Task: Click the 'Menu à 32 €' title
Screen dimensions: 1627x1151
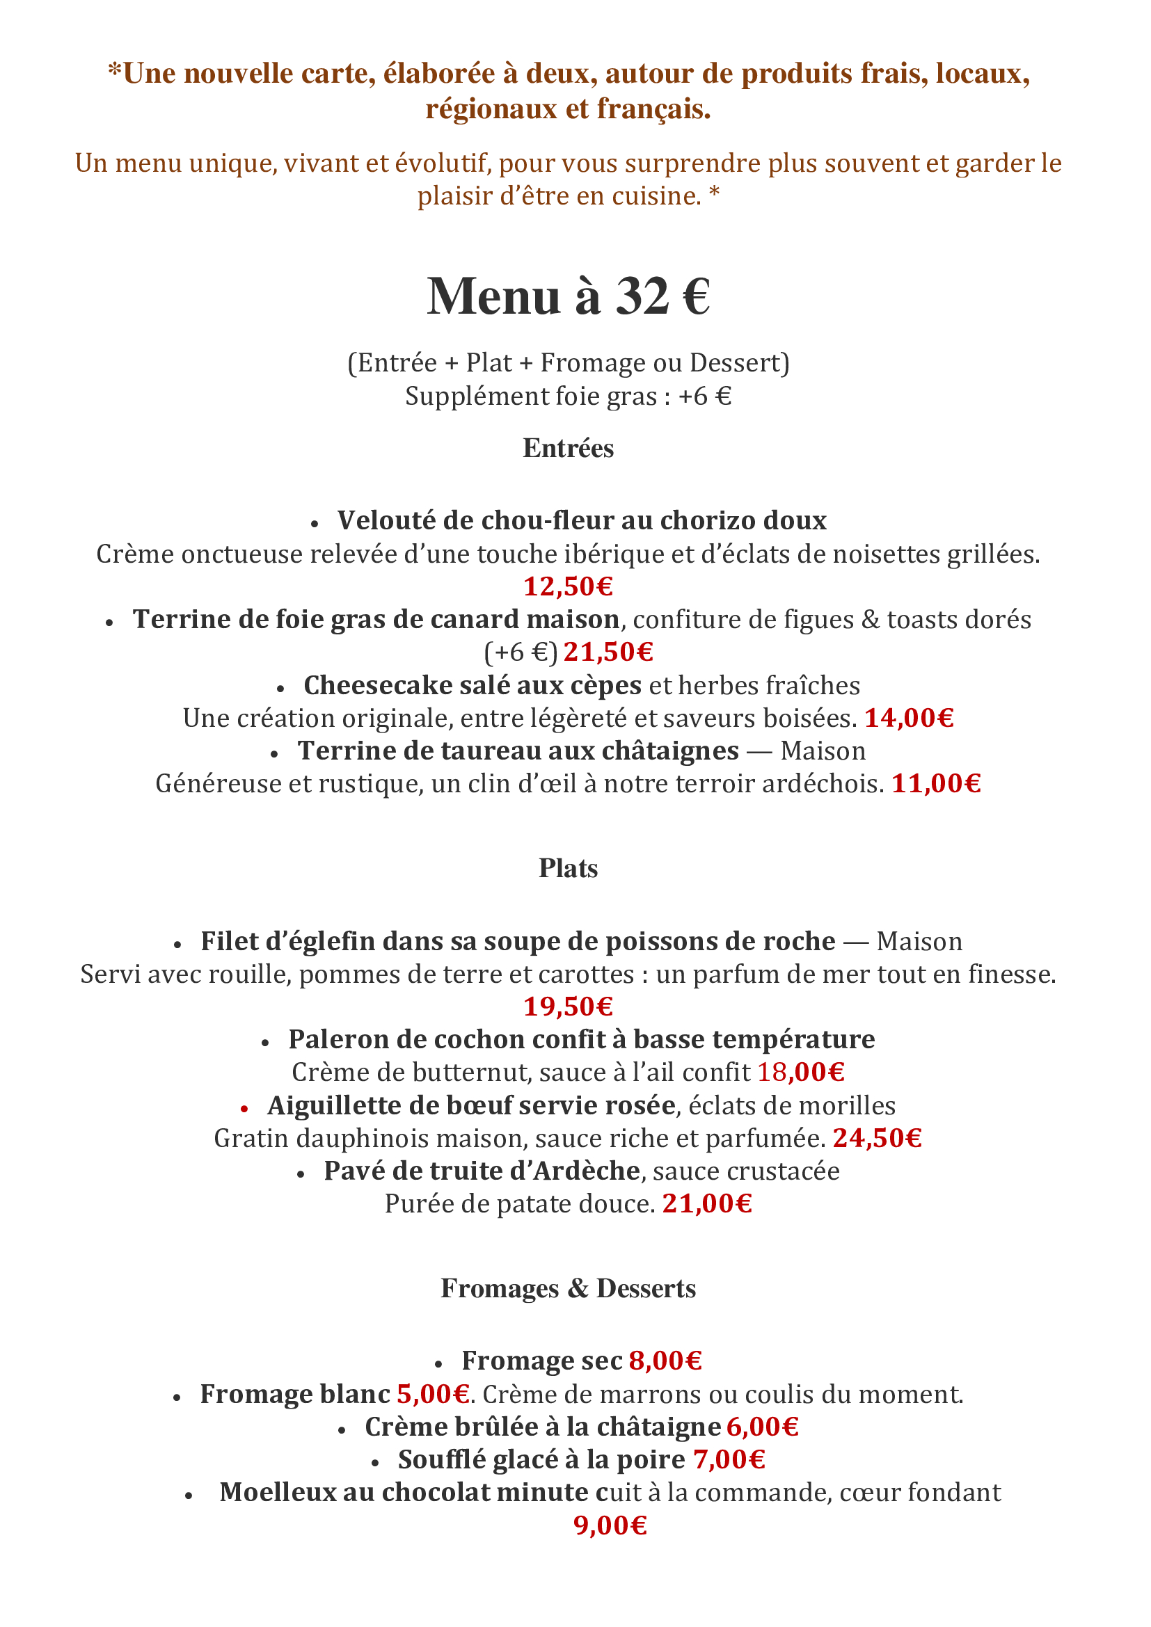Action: pyautogui.click(x=569, y=296)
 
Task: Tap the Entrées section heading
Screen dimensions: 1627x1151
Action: pyautogui.click(x=569, y=449)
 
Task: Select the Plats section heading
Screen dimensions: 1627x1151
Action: pyautogui.click(x=569, y=869)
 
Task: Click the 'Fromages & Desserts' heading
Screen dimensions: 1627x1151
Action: pyautogui.click(x=569, y=1288)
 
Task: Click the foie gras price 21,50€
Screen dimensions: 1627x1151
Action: pyautogui.click(x=608, y=652)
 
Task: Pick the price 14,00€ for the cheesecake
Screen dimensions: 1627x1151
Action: pyautogui.click(x=910, y=719)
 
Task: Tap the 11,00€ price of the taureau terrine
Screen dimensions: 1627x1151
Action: pyautogui.click(x=936, y=784)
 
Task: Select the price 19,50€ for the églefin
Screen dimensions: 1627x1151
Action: pyautogui.click(x=569, y=1007)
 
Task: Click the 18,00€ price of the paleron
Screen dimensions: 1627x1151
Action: pyautogui.click(x=801, y=1072)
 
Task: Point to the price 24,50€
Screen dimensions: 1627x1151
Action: pyautogui.click(x=878, y=1138)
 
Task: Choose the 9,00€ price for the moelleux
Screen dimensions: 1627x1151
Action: pyautogui.click(x=610, y=1525)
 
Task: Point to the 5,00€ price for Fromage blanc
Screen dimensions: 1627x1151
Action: pyautogui.click(x=434, y=1394)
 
